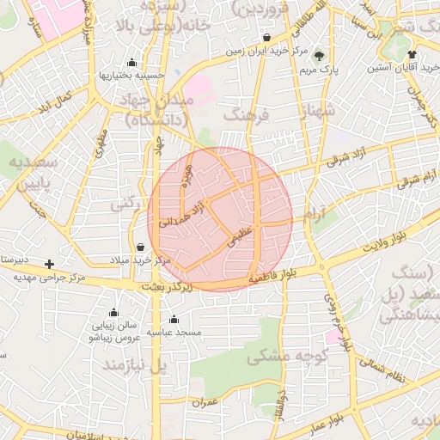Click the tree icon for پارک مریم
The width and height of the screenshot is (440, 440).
point(321,55)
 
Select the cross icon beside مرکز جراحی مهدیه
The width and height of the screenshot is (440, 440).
point(50,264)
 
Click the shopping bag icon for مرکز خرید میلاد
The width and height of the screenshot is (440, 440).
point(140,247)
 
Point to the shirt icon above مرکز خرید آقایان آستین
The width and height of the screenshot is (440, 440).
point(412,54)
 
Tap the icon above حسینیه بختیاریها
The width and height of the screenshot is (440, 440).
point(131,62)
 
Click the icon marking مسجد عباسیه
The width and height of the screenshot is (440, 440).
point(174,320)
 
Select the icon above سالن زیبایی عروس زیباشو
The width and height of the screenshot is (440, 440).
point(113,313)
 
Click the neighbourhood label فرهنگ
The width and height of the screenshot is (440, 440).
point(246,114)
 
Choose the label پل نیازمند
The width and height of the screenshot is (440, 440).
point(132,366)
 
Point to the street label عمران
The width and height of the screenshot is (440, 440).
point(207,401)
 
